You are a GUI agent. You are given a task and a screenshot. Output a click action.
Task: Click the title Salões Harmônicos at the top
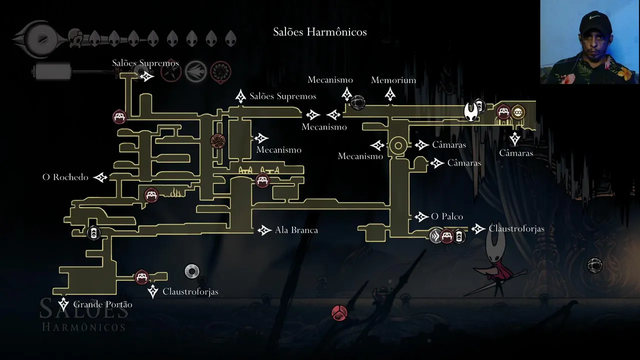click(x=320, y=32)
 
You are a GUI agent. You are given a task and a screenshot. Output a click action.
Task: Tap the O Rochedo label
click(x=65, y=177)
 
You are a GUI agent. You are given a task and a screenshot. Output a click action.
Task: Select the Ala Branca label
click(x=296, y=230)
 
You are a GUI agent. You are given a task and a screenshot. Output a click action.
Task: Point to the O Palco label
click(x=447, y=216)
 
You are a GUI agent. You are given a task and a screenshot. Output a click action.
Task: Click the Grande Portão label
click(x=103, y=304)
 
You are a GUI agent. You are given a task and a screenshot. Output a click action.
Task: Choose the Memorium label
click(x=393, y=80)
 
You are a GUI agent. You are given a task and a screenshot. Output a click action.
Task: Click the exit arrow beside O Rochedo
click(x=100, y=177)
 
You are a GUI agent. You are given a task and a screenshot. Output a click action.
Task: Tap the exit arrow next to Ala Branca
click(x=264, y=230)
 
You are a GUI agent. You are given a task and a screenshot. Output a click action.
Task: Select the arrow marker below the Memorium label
click(x=390, y=93)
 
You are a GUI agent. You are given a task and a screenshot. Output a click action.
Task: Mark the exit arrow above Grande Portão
click(x=63, y=303)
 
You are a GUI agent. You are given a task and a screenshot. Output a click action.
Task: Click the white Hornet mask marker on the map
click(x=471, y=111)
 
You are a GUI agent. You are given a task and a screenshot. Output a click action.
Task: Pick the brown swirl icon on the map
click(x=218, y=141)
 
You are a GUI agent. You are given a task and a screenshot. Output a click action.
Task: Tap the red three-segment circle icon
click(x=339, y=313)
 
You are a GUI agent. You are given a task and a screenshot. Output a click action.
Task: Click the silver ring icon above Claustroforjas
click(x=192, y=271)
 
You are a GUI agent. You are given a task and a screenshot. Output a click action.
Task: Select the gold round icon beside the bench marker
click(x=518, y=111)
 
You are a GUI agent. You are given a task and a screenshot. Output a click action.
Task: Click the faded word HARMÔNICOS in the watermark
click(x=83, y=327)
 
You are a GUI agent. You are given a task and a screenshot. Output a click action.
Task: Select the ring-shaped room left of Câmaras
click(x=398, y=146)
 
